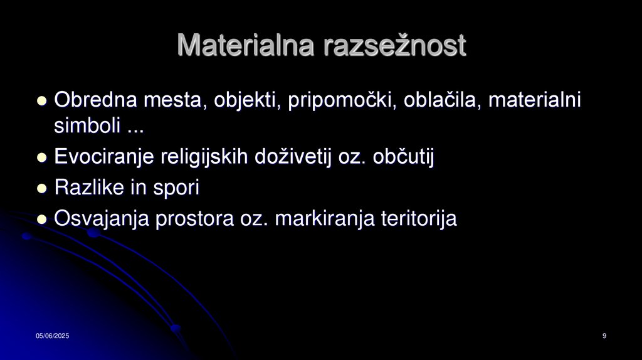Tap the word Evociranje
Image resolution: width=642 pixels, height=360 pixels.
point(103,157)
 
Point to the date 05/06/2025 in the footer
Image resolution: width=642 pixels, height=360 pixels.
point(52,337)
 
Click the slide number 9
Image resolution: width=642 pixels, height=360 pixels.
point(604,337)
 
